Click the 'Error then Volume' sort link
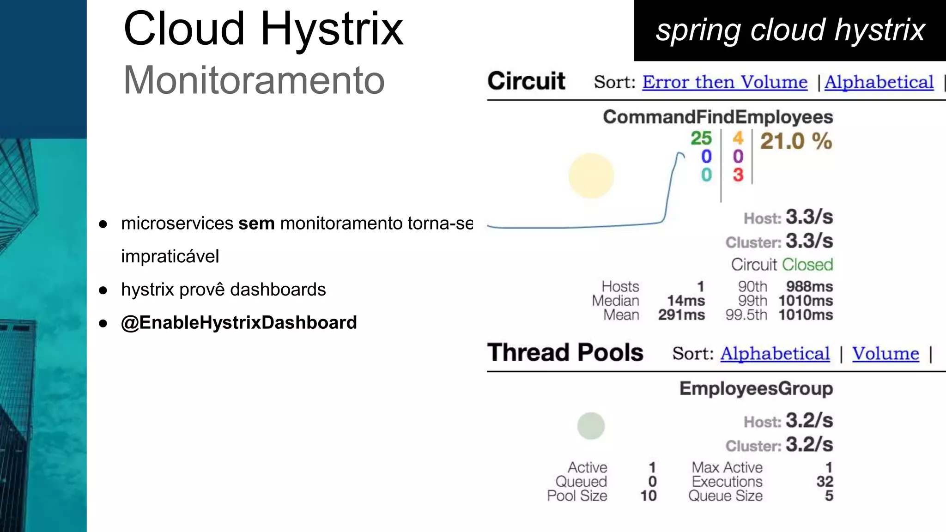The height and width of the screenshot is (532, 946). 724,82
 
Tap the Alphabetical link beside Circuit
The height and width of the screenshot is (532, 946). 879,82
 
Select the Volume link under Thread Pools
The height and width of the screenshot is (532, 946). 885,354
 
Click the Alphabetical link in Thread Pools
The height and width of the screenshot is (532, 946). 775,354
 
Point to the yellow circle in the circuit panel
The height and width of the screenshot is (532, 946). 591,176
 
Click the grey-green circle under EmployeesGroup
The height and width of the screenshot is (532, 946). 591,426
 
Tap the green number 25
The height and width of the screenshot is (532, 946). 701,138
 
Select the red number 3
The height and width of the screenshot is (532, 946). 738,175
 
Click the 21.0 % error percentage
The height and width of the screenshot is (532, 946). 796,141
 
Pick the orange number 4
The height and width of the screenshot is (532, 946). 738,138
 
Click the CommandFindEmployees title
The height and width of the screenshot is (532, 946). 718,117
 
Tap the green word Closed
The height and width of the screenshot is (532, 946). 807,265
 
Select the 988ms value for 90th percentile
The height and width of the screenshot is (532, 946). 809,286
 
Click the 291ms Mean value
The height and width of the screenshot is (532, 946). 681,315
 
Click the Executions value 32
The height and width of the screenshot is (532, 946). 825,482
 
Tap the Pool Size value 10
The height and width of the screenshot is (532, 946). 648,496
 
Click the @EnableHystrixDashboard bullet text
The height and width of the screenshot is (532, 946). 239,322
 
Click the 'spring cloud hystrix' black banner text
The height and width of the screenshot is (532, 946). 790,30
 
